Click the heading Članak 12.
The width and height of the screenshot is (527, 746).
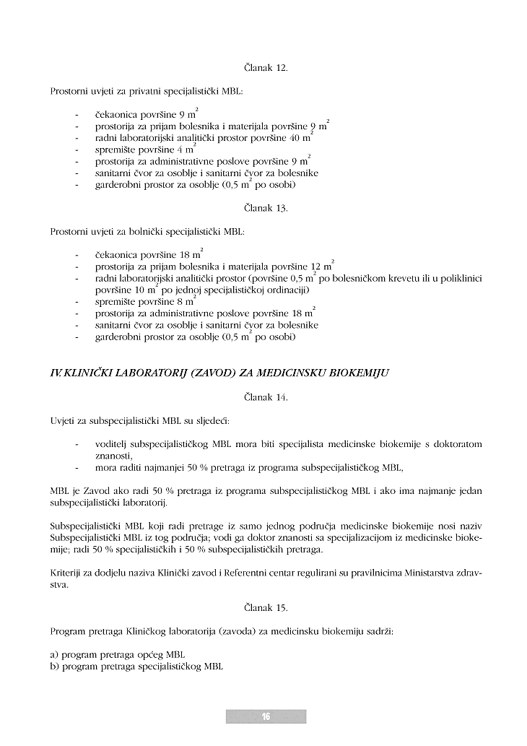pos(266,68)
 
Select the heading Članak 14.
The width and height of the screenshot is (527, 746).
pos(266,396)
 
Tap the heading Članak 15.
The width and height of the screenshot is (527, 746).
pos(266,608)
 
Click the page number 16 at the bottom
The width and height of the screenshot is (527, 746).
pos(266,716)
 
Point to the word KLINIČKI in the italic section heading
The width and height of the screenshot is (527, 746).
pos(89,374)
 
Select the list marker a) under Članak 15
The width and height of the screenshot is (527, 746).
pos(54,654)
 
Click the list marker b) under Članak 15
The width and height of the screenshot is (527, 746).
pos(55,666)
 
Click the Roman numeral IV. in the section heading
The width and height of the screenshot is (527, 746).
pos(56,374)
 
